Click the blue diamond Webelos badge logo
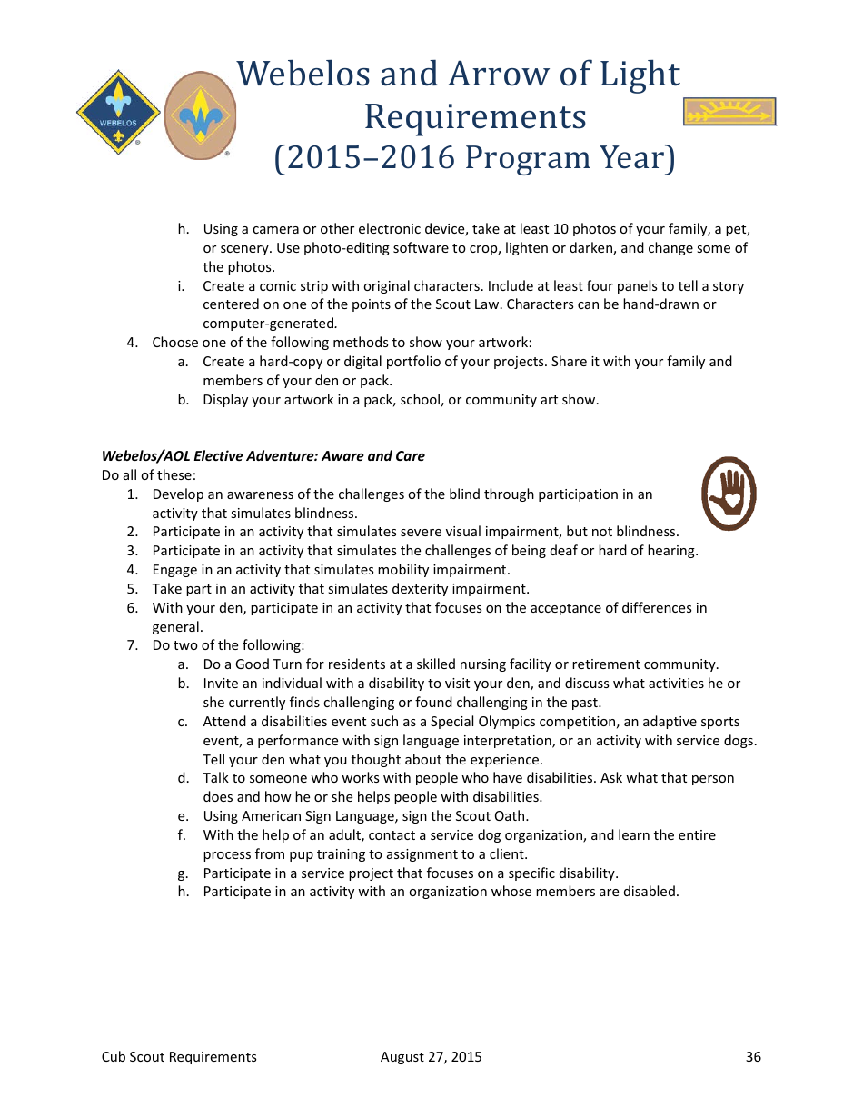[x=118, y=113]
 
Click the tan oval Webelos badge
[x=200, y=115]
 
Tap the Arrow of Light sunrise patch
[x=729, y=112]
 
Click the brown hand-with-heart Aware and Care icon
[x=729, y=494]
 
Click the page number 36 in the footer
[x=753, y=1056]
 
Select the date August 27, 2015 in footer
[x=431, y=1056]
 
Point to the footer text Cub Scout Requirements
[x=179, y=1056]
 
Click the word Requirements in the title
[x=475, y=116]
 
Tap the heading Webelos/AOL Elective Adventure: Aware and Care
[x=263, y=456]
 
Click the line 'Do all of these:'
[x=149, y=475]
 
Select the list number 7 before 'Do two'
[x=132, y=645]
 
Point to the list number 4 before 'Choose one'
[x=132, y=343]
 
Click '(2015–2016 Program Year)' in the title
[x=475, y=158]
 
